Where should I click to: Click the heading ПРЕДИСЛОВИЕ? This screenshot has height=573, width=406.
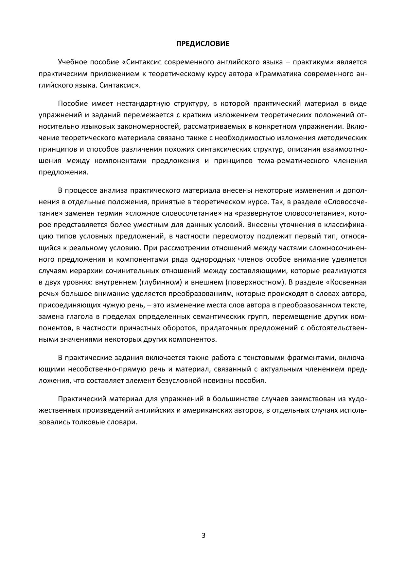[x=203, y=43]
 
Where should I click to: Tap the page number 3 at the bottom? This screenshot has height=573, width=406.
[x=203, y=535]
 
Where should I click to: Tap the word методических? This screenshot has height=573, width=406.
[x=343, y=138]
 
